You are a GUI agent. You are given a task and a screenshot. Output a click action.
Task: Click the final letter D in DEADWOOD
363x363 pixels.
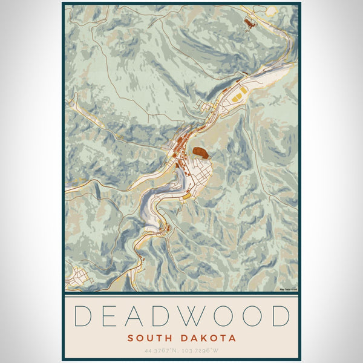pos(279,316)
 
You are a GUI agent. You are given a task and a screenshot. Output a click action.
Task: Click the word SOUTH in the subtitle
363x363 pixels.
pos(149,338)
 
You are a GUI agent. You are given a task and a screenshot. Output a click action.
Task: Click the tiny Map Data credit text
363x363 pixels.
pos(289,290)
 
